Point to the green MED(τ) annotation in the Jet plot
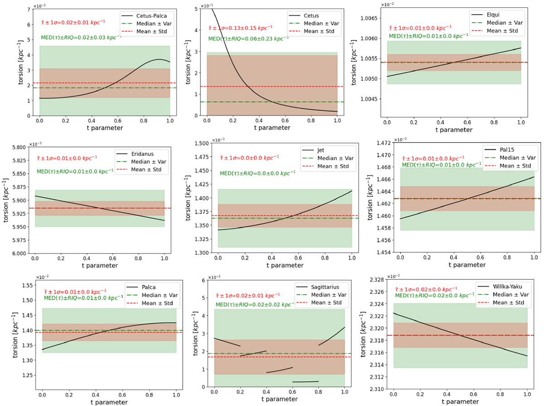257,173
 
